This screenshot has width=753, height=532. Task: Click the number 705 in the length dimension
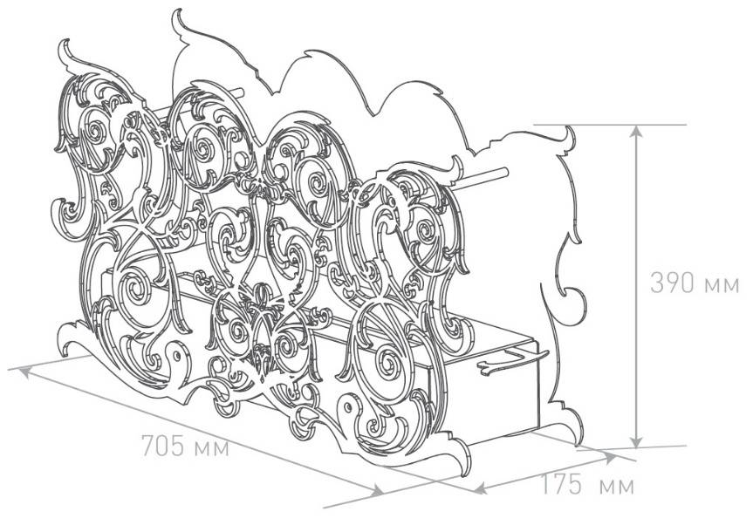tap(163, 446)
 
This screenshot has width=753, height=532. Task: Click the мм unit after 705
tap(212, 448)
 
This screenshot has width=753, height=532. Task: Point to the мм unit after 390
tap(722, 285)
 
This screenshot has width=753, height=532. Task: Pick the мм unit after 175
tap(617, 487)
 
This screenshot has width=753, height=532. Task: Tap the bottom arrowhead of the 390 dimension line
tap(636, 441)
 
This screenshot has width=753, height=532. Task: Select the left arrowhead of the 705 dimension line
tap(26, 372)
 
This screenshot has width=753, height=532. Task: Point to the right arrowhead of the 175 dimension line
tap(609, 458)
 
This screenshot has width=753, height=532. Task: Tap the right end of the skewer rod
tap(504, 172)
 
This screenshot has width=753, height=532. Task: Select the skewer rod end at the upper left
tap(240, 92)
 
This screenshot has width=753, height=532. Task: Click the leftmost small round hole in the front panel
tap(177, 356)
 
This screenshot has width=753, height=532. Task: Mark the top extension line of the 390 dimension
tap(610, 125)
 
